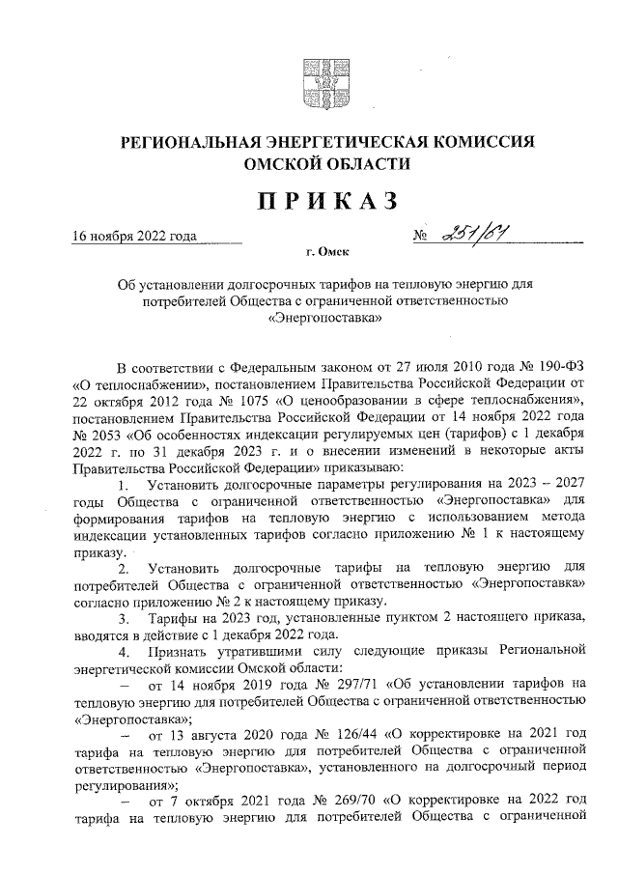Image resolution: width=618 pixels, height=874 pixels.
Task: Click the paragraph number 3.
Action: [x=122, y=617]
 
